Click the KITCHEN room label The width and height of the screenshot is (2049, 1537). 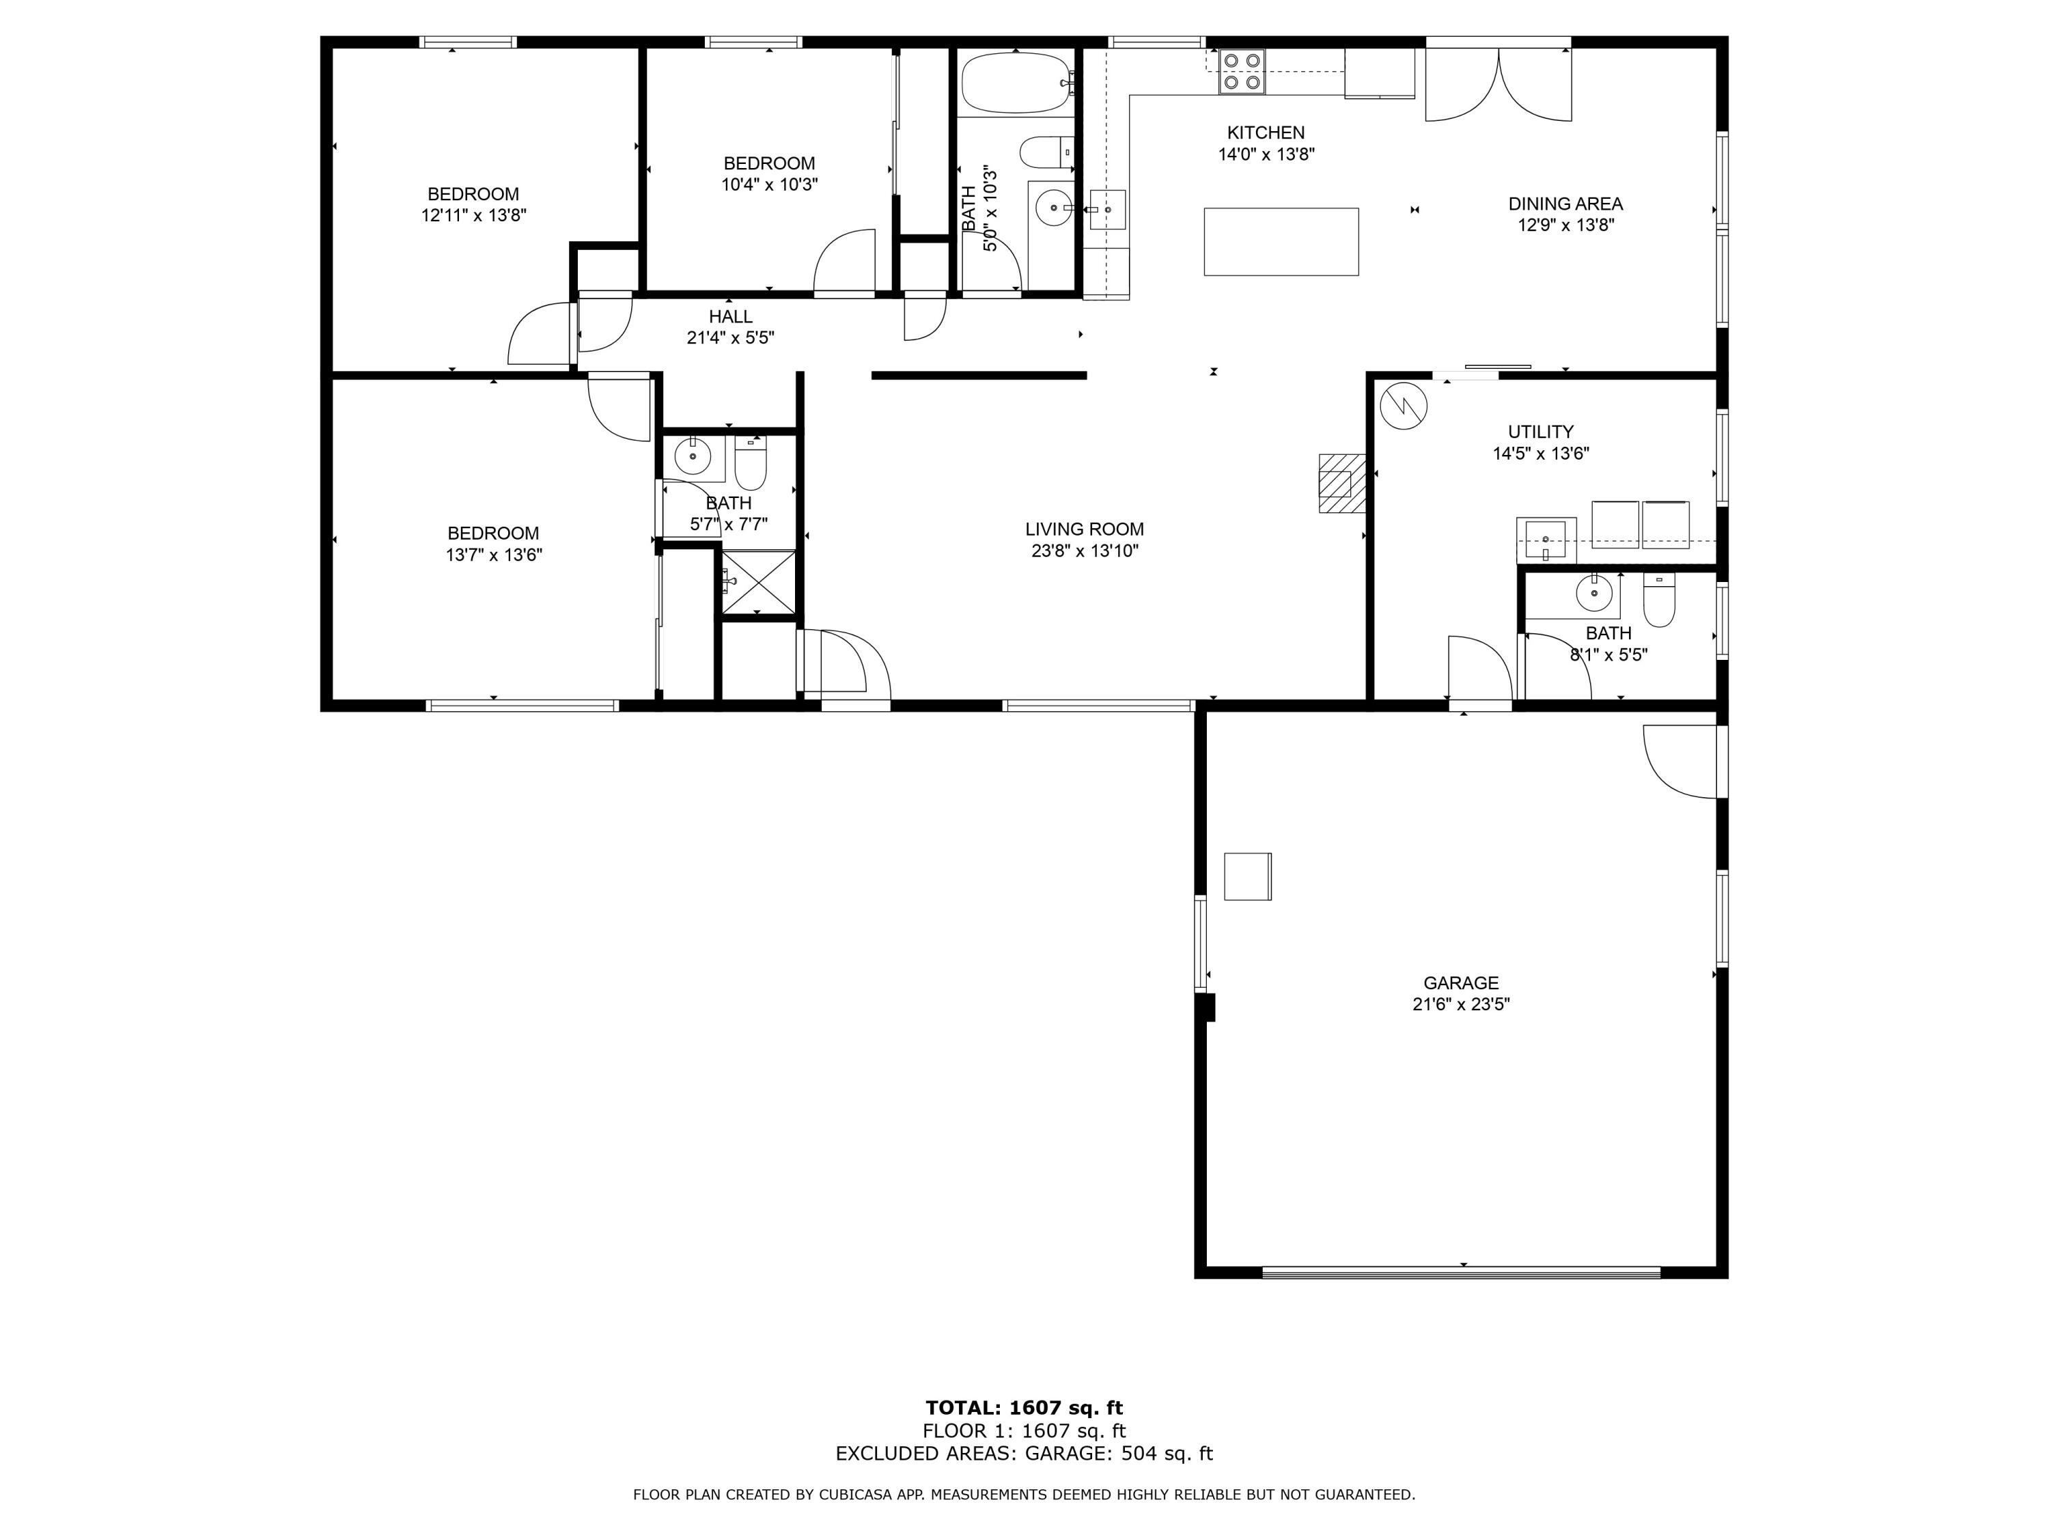[1266, 133]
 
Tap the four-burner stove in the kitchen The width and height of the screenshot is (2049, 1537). [1241, 71]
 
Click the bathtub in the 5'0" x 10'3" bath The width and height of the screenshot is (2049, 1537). [1015, 83]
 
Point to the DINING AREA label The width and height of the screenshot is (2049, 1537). [1565, 204]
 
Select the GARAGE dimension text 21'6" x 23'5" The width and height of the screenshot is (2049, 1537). [1461, 1004]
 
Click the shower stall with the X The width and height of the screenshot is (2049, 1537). [757, 582]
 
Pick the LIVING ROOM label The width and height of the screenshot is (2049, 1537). [1084, 529]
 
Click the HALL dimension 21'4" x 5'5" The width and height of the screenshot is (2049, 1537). [730, 338]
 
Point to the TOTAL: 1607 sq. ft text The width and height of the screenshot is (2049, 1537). [1024, 1408]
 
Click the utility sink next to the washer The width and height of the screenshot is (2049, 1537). [1545, 540]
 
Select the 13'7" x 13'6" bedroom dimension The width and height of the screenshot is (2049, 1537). [493, 555]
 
